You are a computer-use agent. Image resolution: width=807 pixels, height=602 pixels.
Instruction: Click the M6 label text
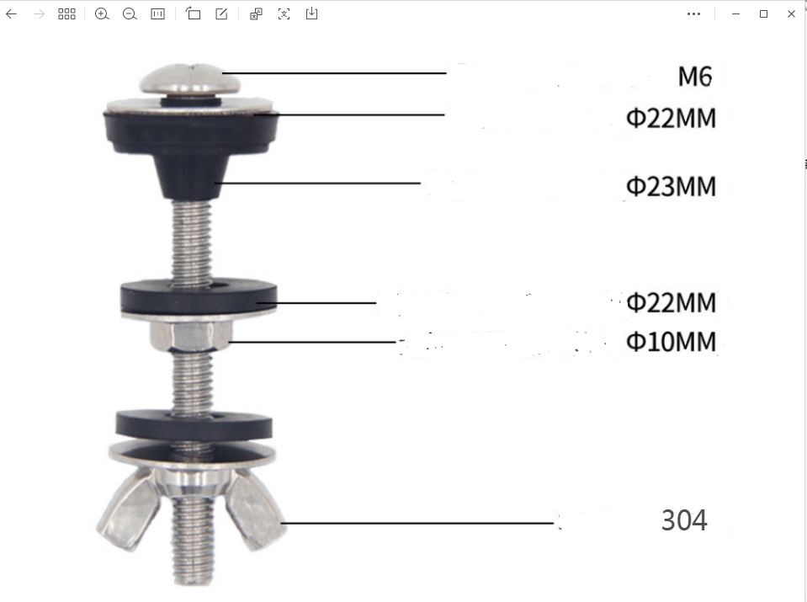point(695,77)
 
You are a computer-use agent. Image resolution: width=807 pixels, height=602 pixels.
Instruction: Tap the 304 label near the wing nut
point(684,520)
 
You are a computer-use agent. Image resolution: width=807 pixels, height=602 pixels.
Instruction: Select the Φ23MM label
point(671,186)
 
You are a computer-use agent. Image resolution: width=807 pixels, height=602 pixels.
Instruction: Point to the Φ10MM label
point(671,342)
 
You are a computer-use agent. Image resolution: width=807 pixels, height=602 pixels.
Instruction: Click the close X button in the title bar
point(791,13)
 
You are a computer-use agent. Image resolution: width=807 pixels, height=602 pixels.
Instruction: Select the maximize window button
point(763,13)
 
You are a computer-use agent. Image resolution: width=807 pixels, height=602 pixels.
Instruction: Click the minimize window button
point(735,13)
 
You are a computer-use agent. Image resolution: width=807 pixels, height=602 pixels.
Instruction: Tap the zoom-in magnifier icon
point(102,13)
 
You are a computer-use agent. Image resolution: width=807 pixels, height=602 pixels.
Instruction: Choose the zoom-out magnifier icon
point(130,13)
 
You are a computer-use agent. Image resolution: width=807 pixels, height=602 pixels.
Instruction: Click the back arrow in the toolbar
point(11,13)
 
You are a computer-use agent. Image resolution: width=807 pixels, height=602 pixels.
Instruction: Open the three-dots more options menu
point(693,13)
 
